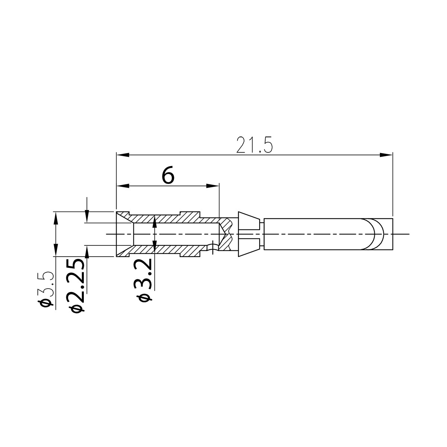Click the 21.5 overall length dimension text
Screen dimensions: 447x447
point(255,145)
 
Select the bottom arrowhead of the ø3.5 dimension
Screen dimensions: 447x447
point(56,251)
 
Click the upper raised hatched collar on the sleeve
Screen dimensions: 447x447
point(190,215)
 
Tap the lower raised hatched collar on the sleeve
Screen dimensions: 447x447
point(190,253)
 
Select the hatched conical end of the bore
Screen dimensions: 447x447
point(226,234)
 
